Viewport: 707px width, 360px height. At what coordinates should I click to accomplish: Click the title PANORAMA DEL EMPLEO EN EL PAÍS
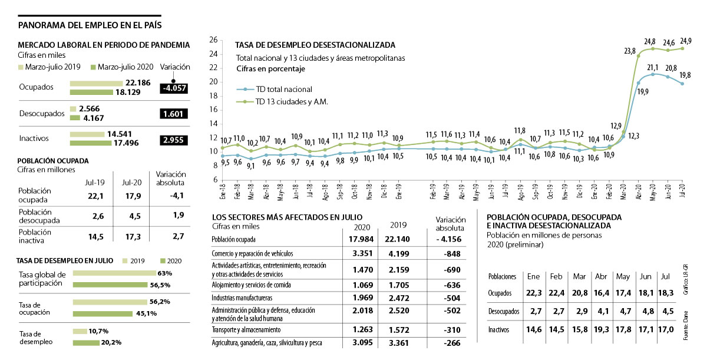[x=90, y=25]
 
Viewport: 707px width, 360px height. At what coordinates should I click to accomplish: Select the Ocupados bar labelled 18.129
[x=91, y=93]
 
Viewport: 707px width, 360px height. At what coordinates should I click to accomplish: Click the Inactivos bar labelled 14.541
[x=87, y=134]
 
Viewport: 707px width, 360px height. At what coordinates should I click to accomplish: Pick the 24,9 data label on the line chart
[x=685, y=41]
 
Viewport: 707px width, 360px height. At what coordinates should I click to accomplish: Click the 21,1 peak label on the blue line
[x=653, y=68]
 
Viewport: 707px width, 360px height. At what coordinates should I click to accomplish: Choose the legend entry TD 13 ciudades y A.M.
[x=285, y=101]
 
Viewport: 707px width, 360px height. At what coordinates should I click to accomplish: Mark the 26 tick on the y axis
[x=213, y=40]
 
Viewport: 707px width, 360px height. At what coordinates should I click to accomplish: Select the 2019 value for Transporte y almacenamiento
[x=401, y=329]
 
